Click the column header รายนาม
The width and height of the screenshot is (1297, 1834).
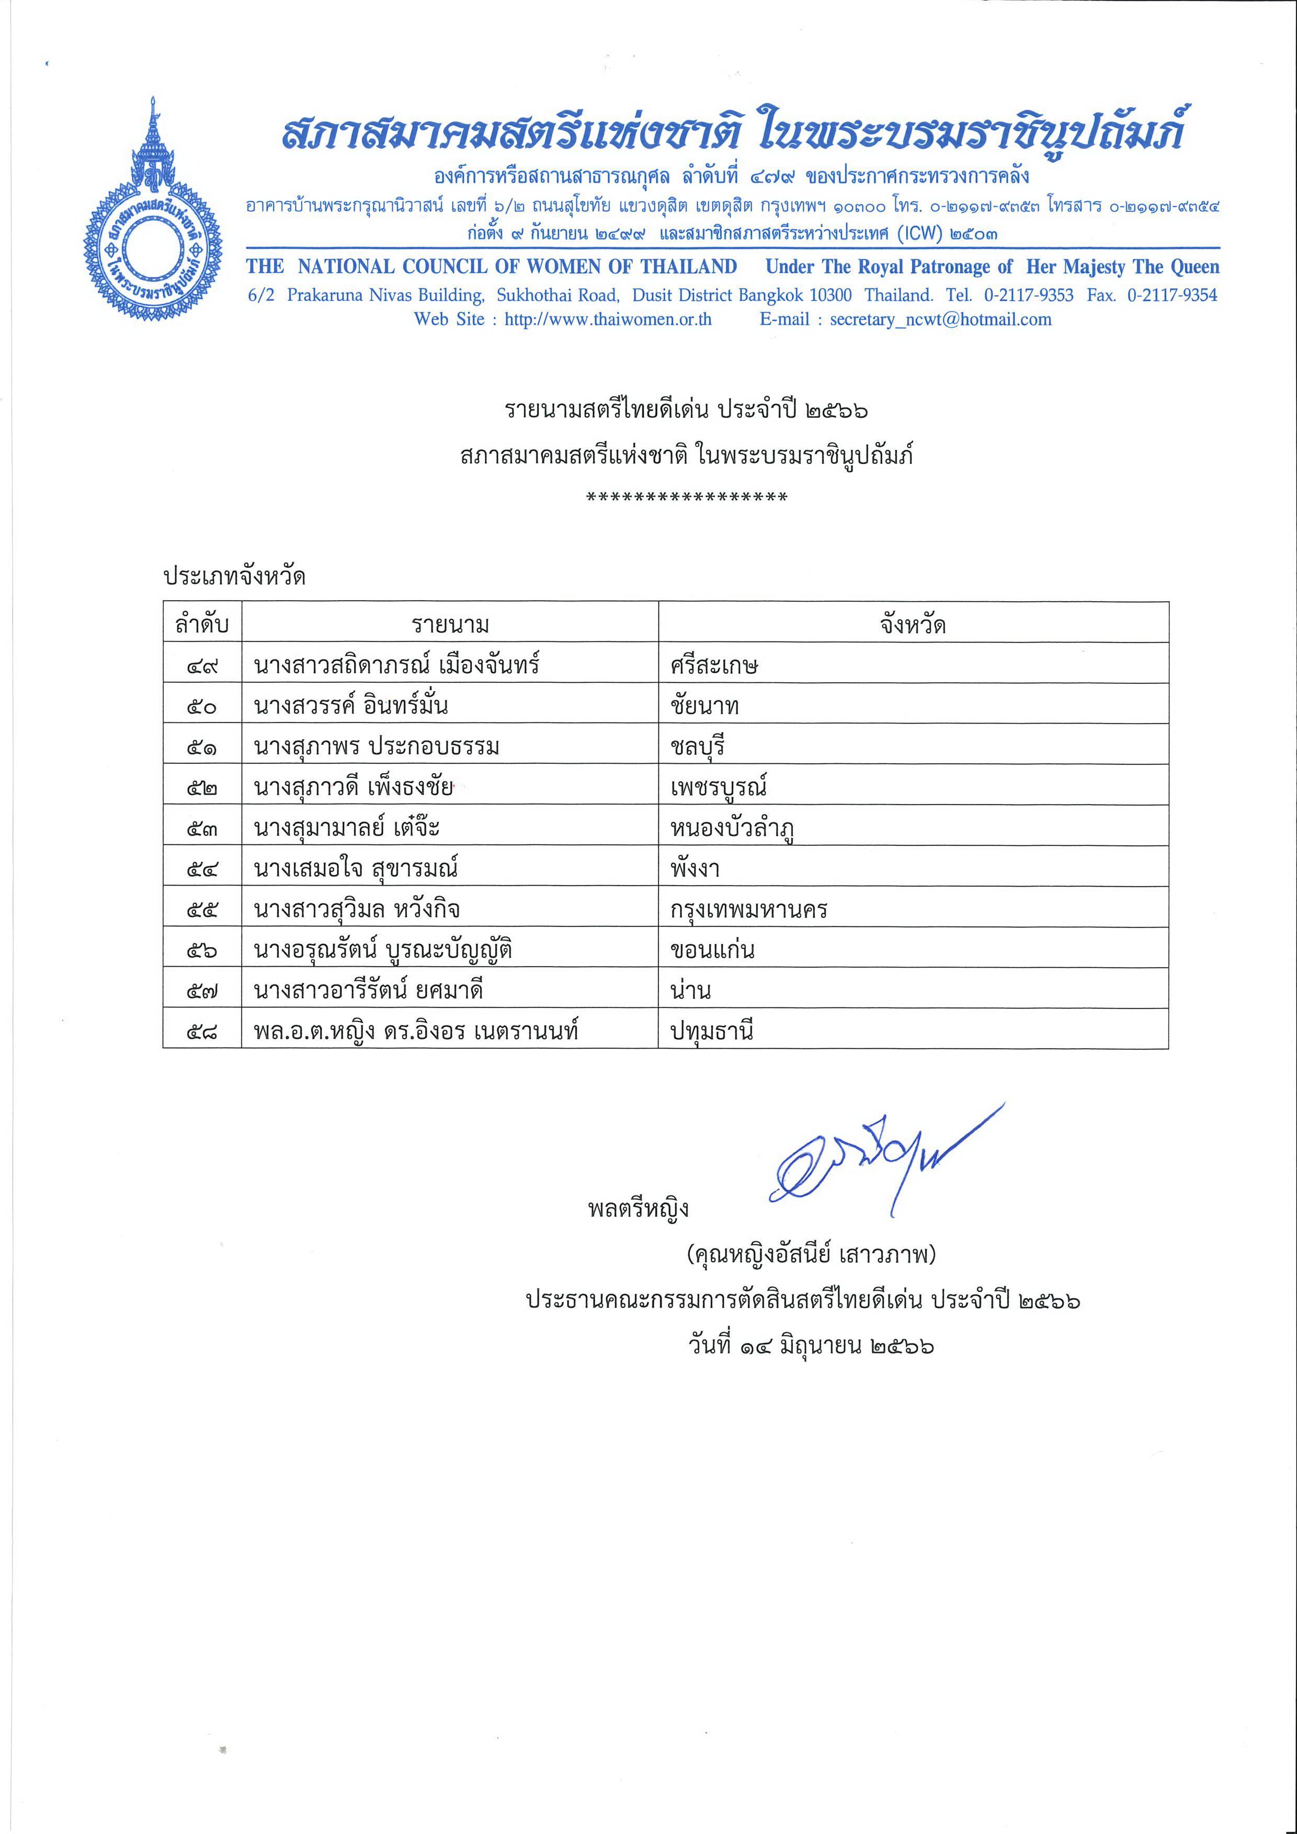[450, 624]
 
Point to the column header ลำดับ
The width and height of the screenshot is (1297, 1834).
[202, 624]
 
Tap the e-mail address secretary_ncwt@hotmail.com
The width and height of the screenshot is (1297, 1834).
[940, 319]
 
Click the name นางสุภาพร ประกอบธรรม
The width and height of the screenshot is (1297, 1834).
[377, 746]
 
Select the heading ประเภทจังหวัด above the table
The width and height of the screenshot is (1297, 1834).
[234, 576]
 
